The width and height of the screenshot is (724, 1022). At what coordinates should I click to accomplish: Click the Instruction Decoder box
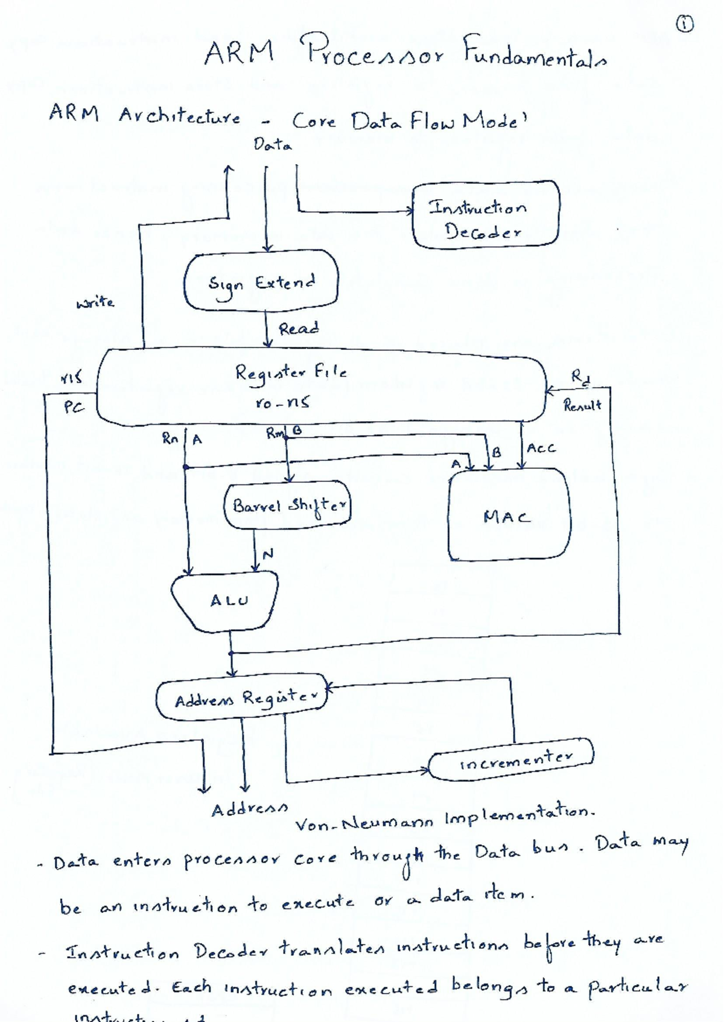485,215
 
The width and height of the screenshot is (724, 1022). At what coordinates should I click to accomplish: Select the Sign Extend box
261,282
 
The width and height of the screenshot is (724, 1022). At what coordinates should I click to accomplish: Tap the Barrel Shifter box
288,506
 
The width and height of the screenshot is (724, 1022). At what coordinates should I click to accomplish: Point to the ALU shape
226,601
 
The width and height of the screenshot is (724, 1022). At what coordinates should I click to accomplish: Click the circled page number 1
684,24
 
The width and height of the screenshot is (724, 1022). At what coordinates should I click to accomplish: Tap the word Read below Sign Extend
298,329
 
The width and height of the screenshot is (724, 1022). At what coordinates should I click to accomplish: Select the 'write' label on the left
95,302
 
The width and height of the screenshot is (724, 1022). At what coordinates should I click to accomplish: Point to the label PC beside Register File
74,408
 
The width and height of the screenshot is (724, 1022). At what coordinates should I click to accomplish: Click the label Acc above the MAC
541,448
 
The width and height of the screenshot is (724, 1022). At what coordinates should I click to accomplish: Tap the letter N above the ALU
268,553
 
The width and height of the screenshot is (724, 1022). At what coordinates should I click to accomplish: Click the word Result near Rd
582,405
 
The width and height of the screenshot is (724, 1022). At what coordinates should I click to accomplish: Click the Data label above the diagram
272,145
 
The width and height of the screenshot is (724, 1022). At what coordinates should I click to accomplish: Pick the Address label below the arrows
249,809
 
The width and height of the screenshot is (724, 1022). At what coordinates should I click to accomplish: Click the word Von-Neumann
364,822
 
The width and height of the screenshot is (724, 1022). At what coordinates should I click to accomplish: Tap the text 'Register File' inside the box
291,372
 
